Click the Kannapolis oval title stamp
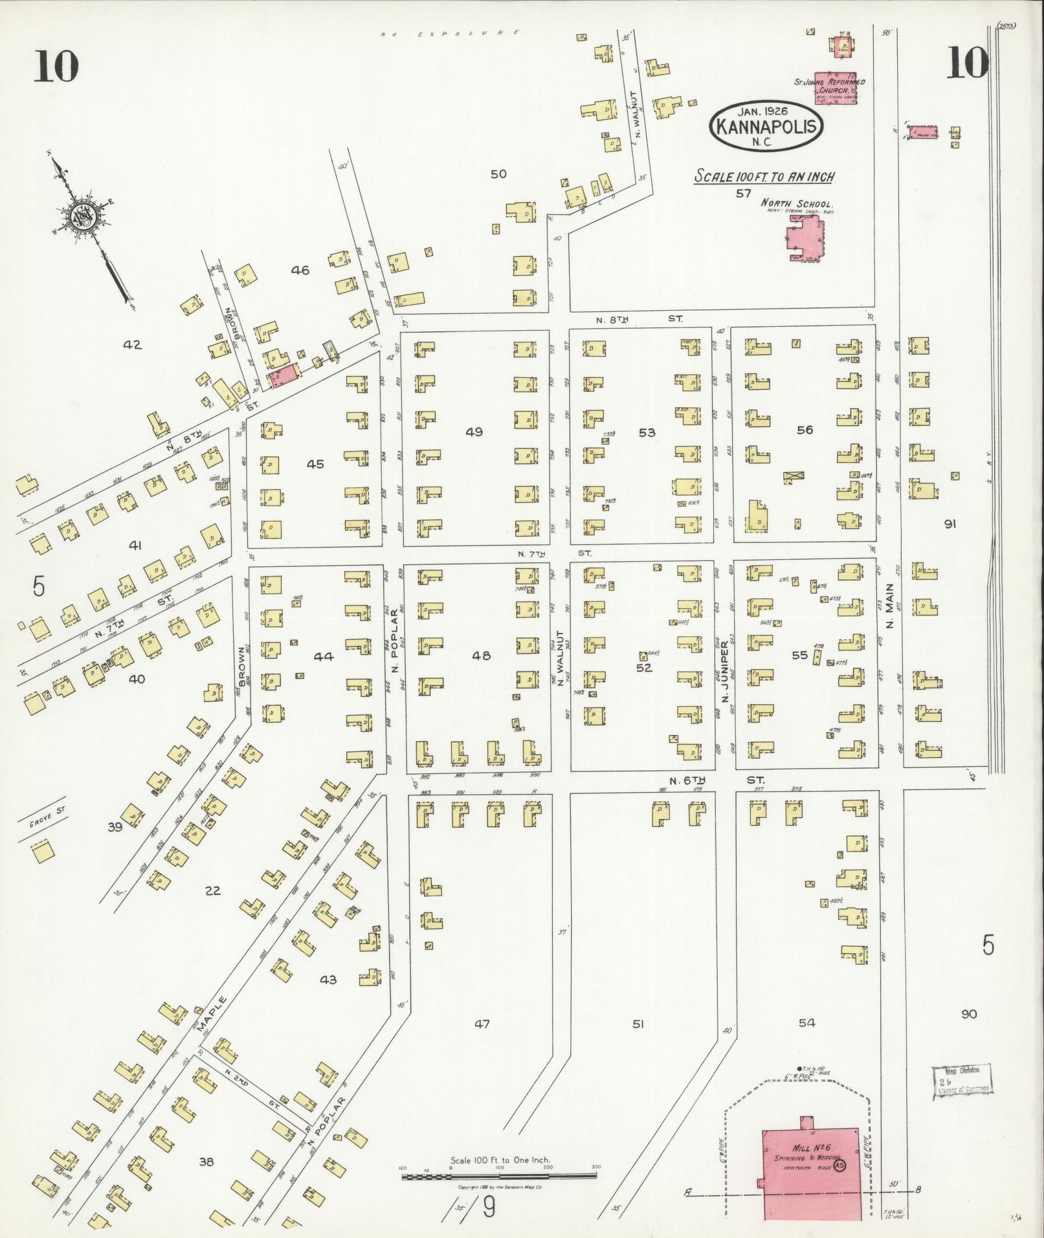coord(766,126)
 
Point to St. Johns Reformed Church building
coord(835,88)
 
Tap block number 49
coord(474,432)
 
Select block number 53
coord(647,432)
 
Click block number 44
coord(323,656)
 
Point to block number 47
coord(482,1023)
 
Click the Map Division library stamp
coord(962,1082)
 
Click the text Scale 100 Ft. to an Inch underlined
coord(764,176)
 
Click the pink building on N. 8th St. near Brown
coord(285,375)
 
